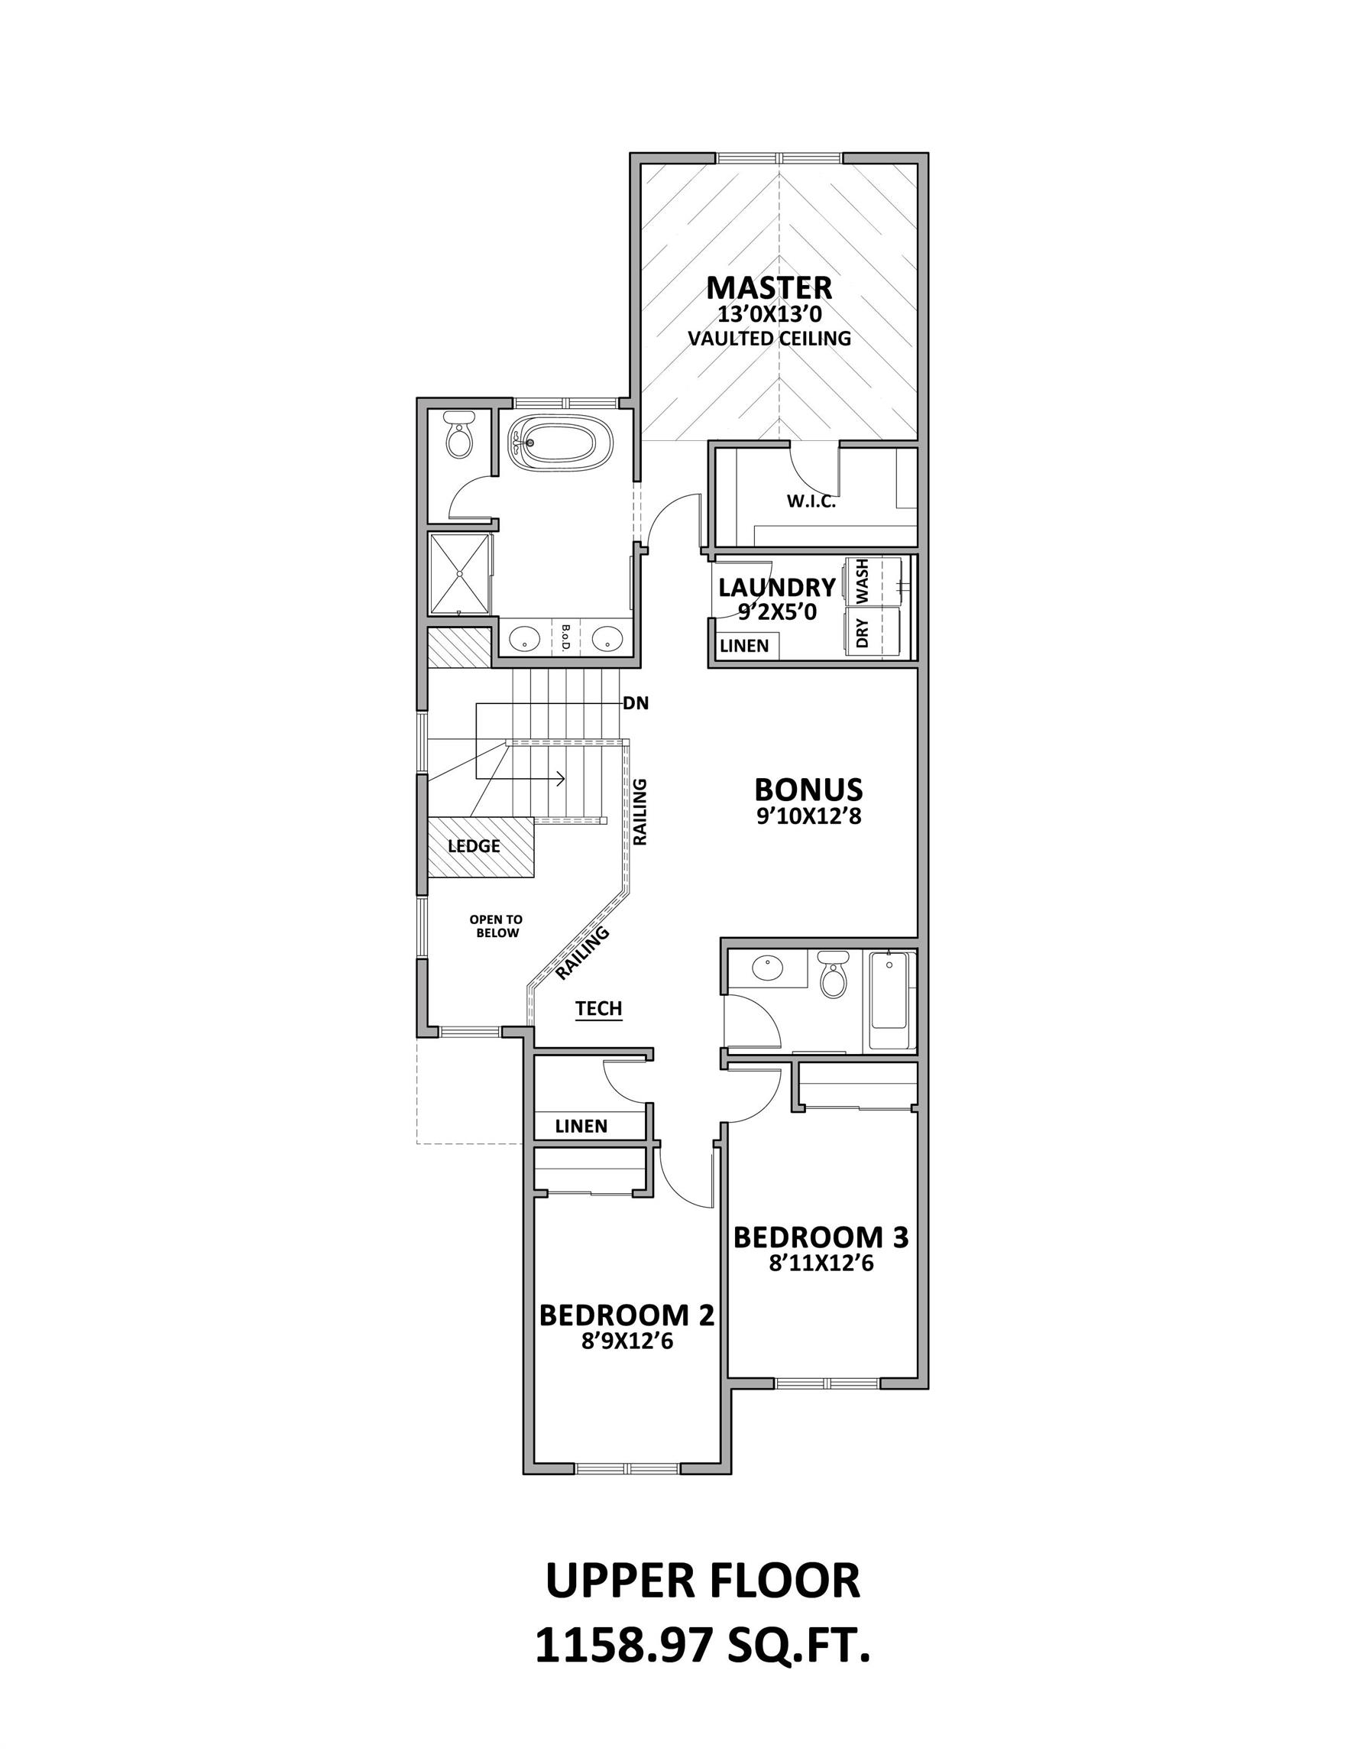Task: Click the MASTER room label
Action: coord(769,288)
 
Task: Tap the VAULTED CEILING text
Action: coord(769,339)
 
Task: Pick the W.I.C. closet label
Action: coord(811,501)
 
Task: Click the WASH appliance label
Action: coord(863,582)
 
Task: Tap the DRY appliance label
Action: coord(863,634)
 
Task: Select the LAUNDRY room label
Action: coord(776,587)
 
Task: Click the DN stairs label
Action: coord(636,703)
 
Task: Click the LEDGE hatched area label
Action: coord(474,846)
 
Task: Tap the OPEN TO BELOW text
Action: coord(497,926)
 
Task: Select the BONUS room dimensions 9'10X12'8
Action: coord(808,817)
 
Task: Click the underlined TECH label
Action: coord(599,1008)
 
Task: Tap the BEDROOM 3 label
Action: coord(821,1237)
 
